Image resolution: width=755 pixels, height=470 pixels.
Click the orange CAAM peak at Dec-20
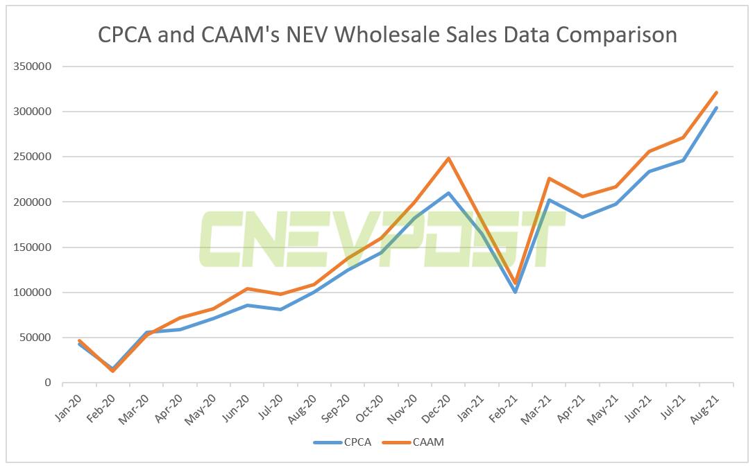449,159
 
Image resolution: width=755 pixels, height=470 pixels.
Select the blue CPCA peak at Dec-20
449,193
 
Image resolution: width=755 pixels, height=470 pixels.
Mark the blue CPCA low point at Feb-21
516,292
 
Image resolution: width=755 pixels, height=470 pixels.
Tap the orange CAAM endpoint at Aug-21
717,92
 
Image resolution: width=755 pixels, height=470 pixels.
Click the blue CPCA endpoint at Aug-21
717,107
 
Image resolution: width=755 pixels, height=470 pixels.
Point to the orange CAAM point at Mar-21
549,179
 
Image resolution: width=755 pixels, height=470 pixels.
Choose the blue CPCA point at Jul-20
280,309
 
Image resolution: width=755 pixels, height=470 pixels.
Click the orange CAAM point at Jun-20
247,288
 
